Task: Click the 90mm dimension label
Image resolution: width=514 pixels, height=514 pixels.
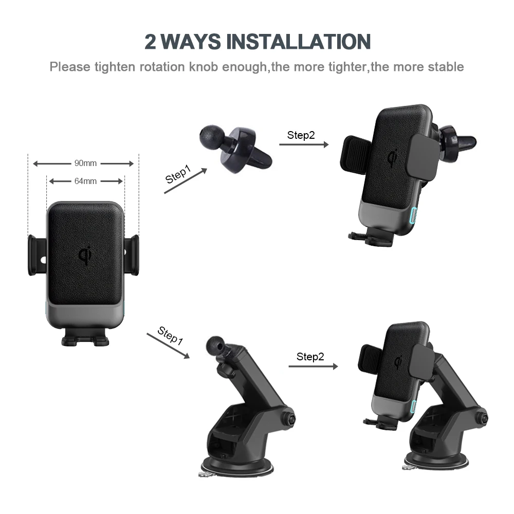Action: click(85, 163)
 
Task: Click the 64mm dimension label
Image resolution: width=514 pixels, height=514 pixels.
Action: click(85, 181)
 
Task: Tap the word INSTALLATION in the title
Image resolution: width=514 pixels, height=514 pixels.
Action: click(299, 41)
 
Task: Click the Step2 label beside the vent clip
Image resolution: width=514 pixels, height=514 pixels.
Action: click(301, 135)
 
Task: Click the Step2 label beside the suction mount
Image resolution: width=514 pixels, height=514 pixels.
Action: click(310, 357)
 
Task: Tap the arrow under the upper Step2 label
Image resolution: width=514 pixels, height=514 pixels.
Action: click(304, 144)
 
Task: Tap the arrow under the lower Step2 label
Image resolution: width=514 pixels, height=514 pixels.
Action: click(313, 366)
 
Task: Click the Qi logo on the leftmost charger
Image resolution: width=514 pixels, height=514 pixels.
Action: click(85, 255)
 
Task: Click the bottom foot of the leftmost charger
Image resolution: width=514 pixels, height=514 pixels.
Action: click(85, 339)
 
